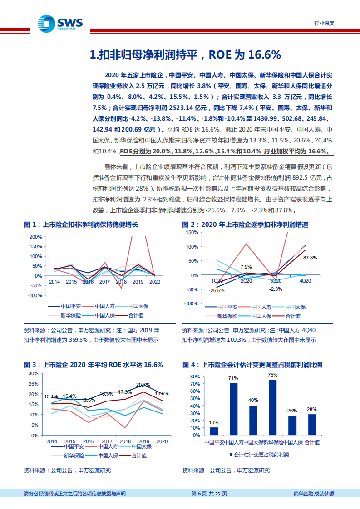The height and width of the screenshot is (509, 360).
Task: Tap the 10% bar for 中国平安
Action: pyautogui.click(x=214, y=431)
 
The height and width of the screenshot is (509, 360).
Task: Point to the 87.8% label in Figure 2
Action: pyautogui.click(x=310, y=258)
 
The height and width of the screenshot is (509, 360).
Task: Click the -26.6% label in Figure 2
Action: pyautogui.click(x=217, y=290)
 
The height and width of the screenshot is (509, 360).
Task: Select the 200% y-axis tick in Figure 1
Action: pyautogui.click(x=35, y=237)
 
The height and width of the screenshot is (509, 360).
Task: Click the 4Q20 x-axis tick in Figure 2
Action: pyautogui.click(x=305, y=281)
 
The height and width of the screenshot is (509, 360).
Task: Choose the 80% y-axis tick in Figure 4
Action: pyautogui.click(x=194, y=377)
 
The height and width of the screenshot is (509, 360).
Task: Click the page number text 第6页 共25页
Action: pyautogui.click(x=209, y=494)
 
